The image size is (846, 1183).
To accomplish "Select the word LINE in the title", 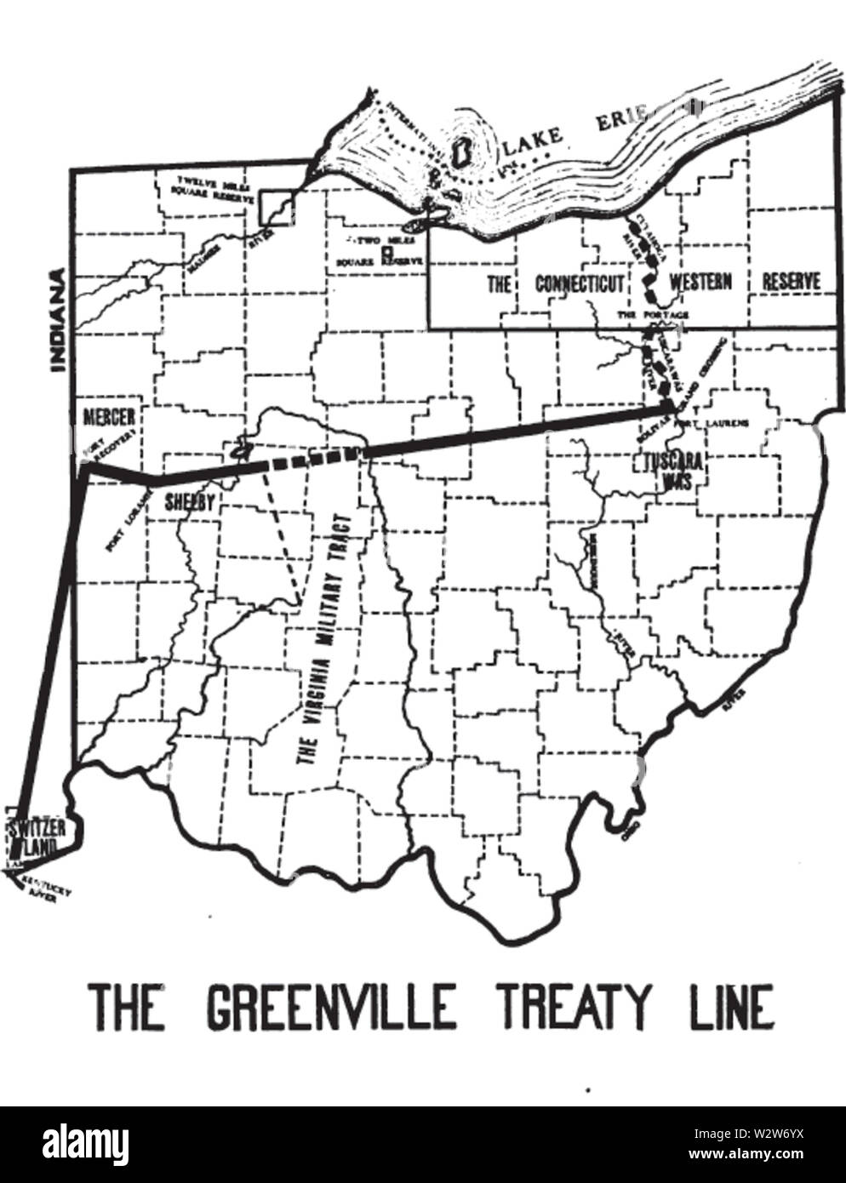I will tap(723, 1007).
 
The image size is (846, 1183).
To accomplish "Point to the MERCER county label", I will tap(109, 418).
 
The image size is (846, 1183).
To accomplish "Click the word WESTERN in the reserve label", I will tap(700, 282).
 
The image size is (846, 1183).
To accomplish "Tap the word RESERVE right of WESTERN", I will tap(791, 282).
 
